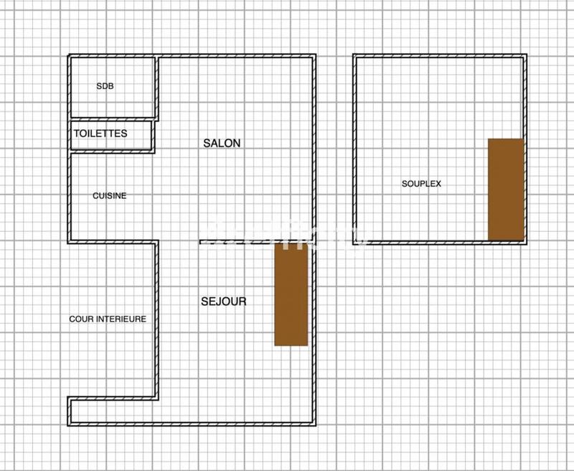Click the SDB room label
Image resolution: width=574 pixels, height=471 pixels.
click(105, 86)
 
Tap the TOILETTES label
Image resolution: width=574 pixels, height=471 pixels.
click(100, 134)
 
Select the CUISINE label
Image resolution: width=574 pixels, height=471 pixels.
click(110, 195)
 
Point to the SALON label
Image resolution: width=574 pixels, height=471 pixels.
click(222, 144)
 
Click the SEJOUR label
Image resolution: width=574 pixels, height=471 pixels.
click(223, 302)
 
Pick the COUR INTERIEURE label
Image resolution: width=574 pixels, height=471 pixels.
click(108, 319)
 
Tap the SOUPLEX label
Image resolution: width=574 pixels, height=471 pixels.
click(421, 184)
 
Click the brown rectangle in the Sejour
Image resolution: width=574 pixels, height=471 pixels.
click(291, 294)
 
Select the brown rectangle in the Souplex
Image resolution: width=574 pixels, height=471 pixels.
click(505, 190)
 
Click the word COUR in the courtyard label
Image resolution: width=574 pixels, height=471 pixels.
click(81, 319)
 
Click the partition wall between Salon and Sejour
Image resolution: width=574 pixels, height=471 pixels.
click(237, 241)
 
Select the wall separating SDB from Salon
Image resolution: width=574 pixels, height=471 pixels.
click(156, 86)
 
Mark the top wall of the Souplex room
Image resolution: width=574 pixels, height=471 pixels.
click(439, 55)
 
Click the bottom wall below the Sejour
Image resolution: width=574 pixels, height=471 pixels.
click(215, 426)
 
